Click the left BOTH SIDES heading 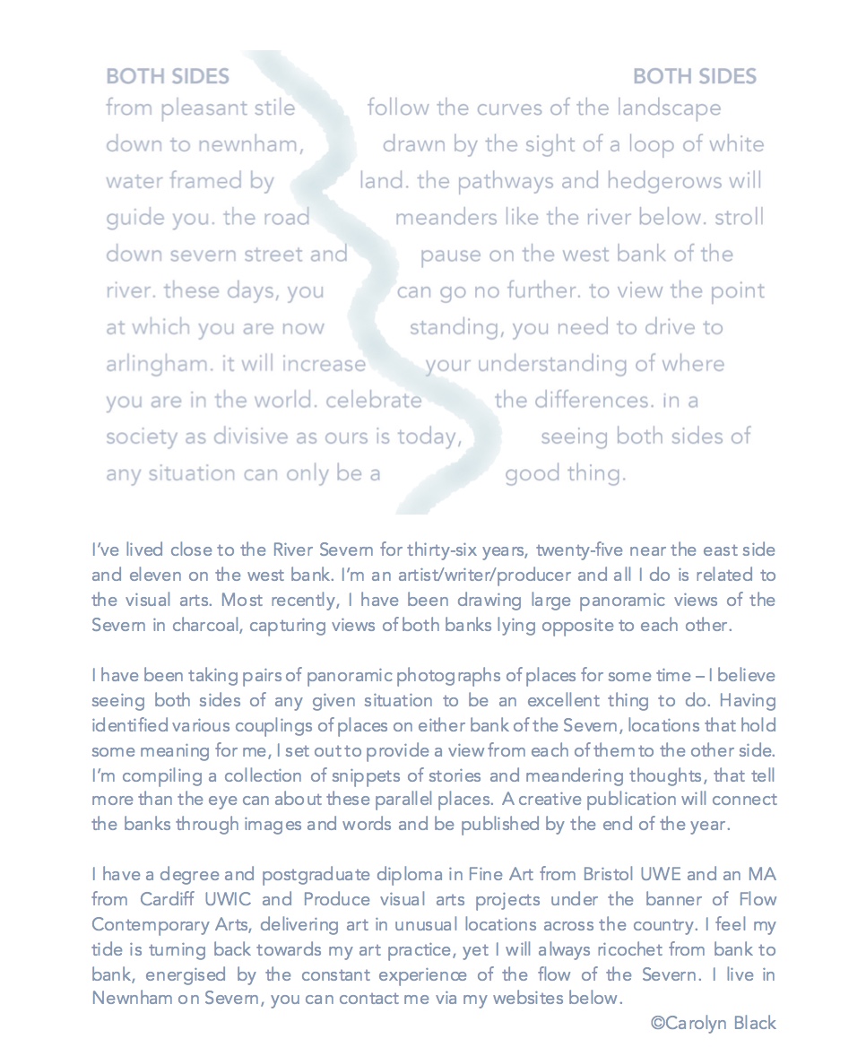click(168, 76)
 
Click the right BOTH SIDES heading click(695, 76)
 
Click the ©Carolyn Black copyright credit click(714, 1022)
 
